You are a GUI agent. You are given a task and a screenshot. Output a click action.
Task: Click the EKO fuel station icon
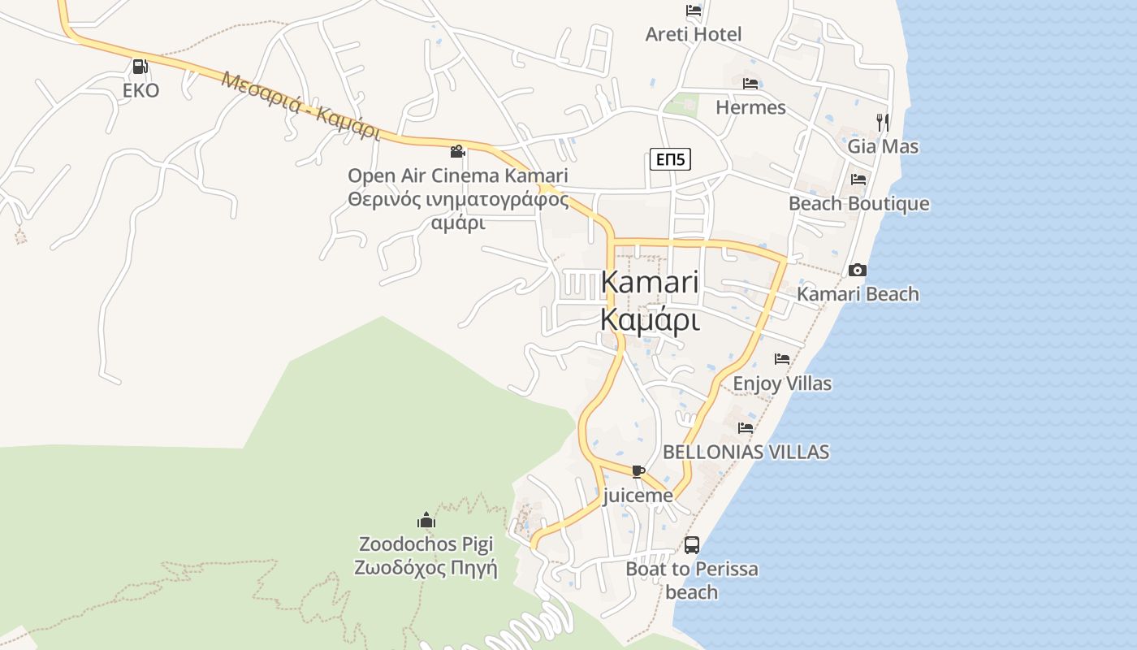pyautogui.click(x=140, y=67)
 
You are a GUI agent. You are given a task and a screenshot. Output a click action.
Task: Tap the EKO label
pyautogui.click(x=141, y=90)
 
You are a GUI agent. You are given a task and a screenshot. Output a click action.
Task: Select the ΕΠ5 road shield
pyautogui.click(x=671, y=159)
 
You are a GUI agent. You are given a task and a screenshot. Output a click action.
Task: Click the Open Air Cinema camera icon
pyautogui.click(x=458, y=151)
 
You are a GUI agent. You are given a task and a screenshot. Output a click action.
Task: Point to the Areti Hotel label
pyautogui.click(x=694, y=34)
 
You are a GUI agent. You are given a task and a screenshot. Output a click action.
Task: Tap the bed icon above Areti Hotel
pyautogui.click(x=694, y=11)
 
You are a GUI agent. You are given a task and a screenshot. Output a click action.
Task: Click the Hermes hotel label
pyautogui.click(x=750, y=107)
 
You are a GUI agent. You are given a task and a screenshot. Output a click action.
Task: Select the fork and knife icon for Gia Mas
pyautogui.click(x=883, y=123)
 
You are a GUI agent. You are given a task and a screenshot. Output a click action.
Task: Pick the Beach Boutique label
pyautogui.click(x=859, y=203)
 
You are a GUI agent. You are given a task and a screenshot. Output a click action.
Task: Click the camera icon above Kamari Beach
pyautogui.click(x=857, y=270)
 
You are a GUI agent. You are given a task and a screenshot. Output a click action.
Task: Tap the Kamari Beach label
pyautogui.click(x=858, y=294)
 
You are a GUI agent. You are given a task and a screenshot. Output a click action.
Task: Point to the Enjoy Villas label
pyautogui.click(x=782, y=383)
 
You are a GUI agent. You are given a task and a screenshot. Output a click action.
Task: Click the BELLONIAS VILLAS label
pyautogui.click(x=746, y=452)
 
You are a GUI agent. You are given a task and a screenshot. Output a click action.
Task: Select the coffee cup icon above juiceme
pyautogui.click(x=638, y=471)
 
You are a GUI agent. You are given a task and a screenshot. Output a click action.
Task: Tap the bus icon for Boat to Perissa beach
pyautogui.click(x=692, y=545)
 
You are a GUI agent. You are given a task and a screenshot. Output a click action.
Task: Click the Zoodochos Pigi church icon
pyautogui.click(x=426, y=520)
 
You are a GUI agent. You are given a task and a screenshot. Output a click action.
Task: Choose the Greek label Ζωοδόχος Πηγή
pyautogui.click(x=426, y=568)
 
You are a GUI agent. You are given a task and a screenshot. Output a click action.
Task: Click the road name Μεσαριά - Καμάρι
pyautogui.click(x=300, y=106)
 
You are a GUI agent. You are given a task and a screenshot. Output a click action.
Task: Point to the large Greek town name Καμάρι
pyautogui.click(x=650, y=320)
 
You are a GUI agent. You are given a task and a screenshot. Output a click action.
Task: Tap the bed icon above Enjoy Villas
pyautogui.click(x=782, y=358)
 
